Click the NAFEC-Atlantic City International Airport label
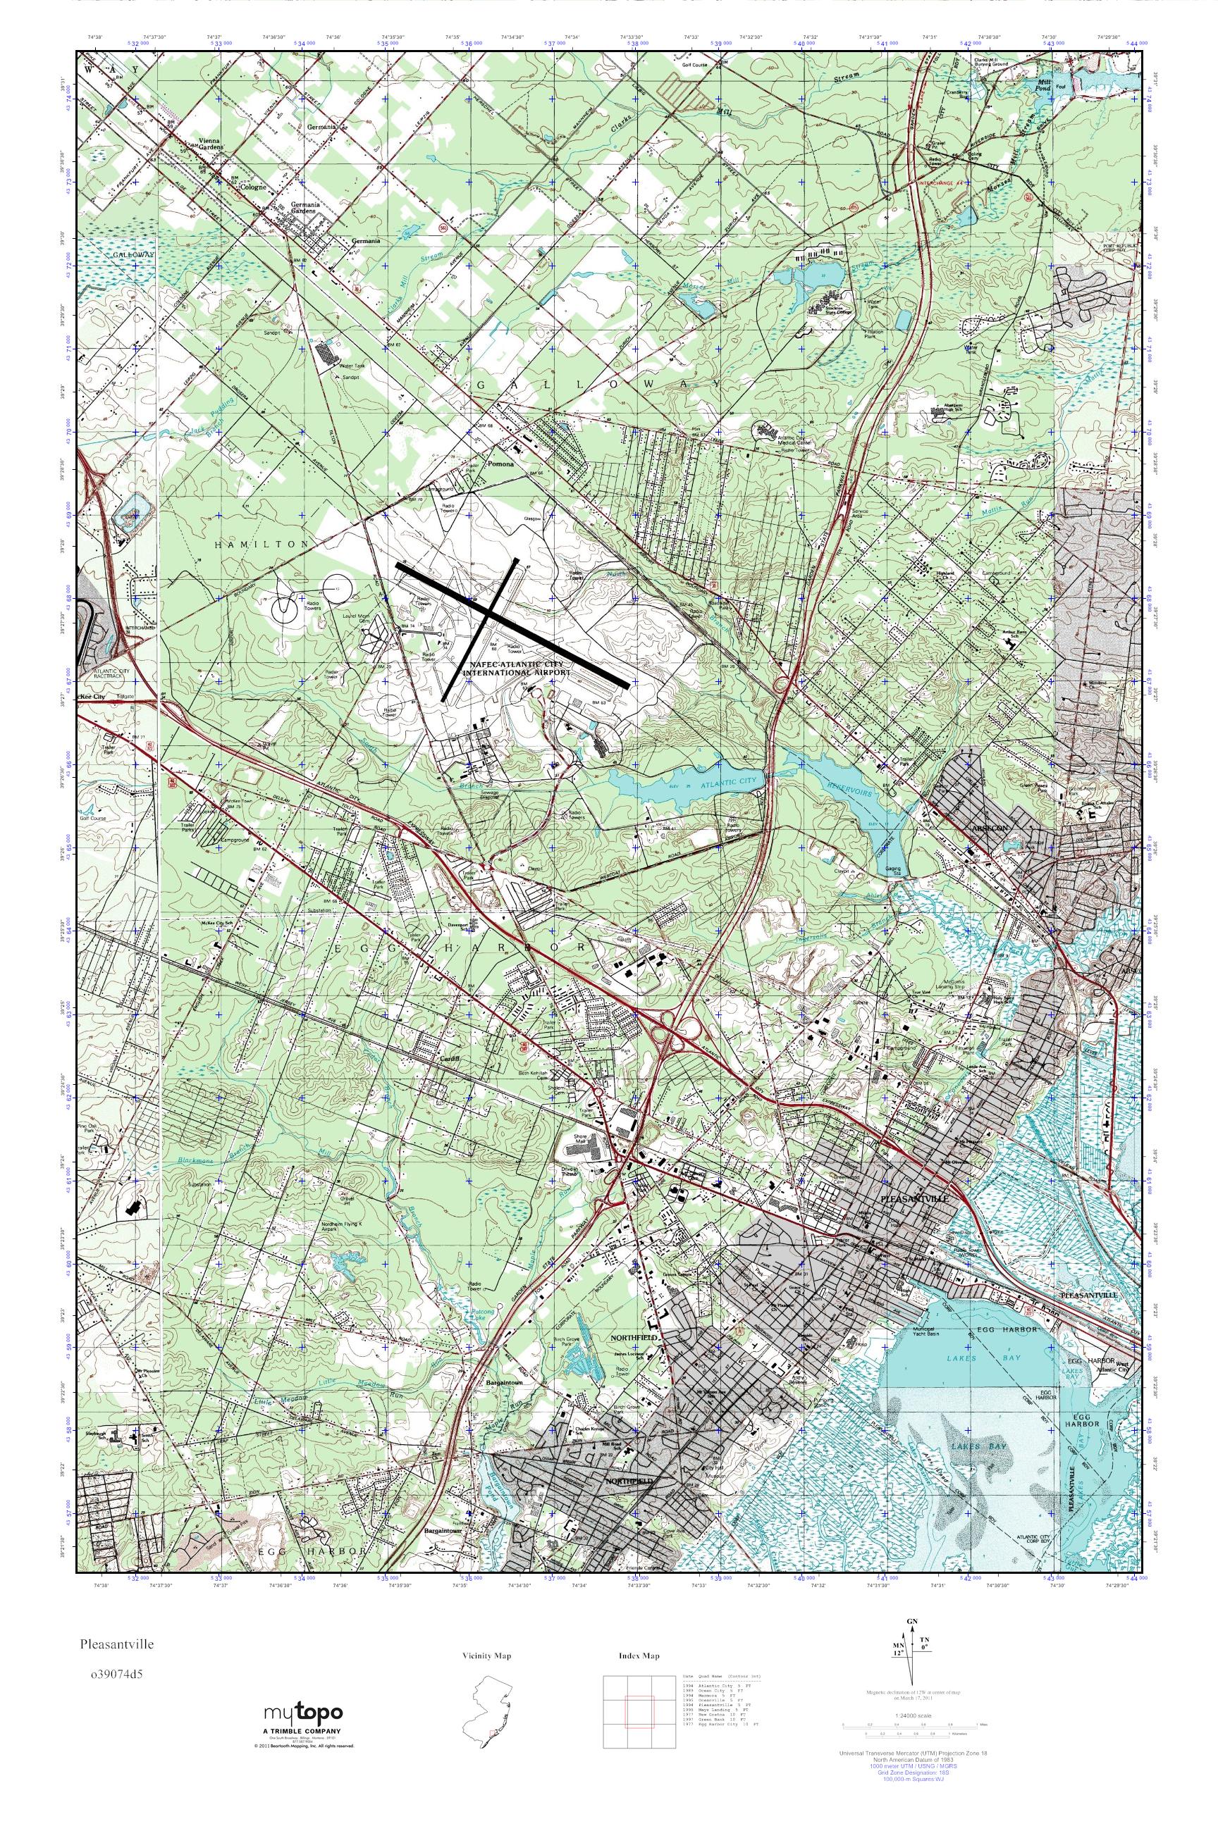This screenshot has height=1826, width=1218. click(516, 670)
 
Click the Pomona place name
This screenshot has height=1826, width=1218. click(498, 464)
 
